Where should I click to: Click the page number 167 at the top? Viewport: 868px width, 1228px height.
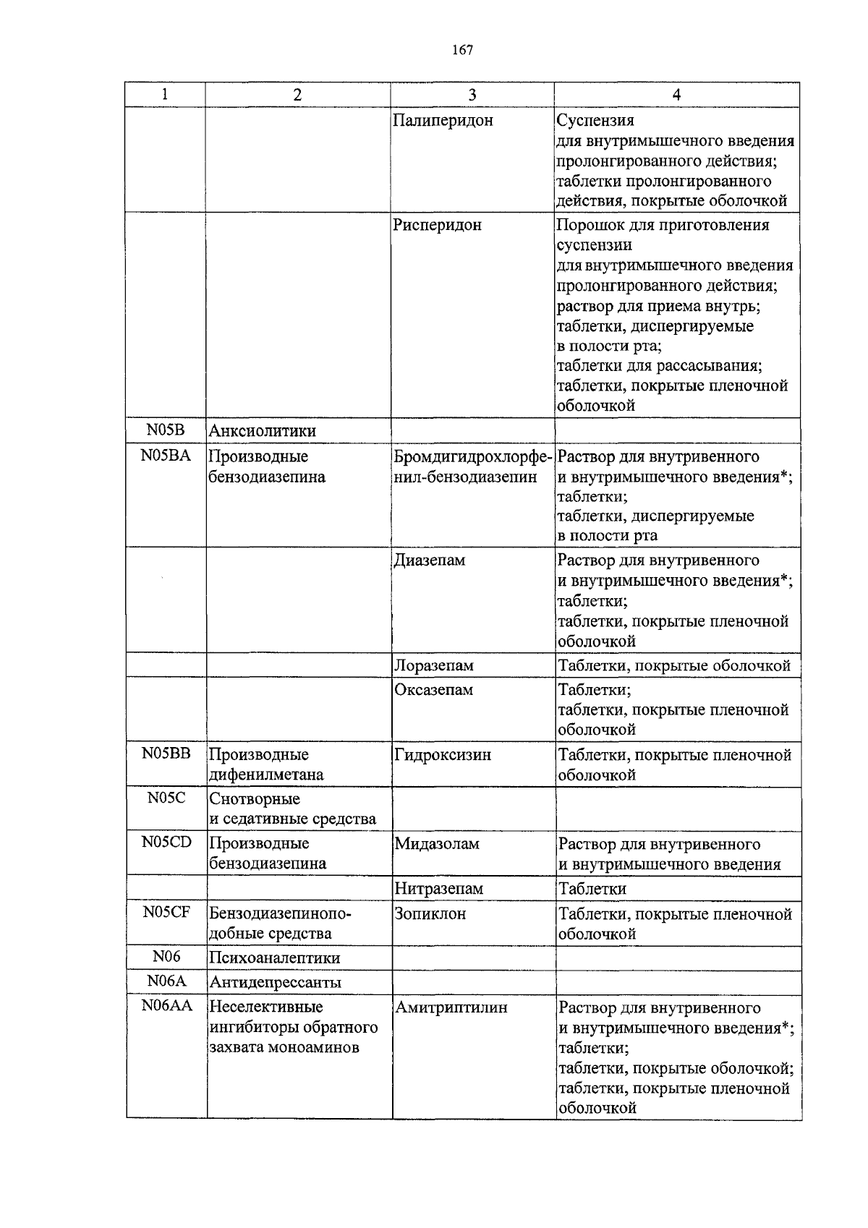(462, 50)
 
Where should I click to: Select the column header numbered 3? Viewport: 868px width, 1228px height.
(472, 95)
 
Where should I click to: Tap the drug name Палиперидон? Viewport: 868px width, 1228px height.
(443, 121)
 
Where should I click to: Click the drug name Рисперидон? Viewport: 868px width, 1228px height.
(437, 225)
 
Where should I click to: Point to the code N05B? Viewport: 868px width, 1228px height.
(166, 430)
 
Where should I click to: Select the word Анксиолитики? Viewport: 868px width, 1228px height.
(263, 431)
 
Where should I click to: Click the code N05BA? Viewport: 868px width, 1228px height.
(166, 456)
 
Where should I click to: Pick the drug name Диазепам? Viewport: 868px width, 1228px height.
(430, 560)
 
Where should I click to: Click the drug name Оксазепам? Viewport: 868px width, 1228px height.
(433, 690)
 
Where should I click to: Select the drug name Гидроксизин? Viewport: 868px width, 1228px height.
(443, 755)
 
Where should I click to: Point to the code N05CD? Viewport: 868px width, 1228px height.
(166, 843)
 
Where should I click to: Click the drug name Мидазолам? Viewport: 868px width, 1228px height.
(437, 844)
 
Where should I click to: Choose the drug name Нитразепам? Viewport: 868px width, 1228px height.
(438, 889)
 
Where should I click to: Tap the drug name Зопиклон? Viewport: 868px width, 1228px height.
(430, 913)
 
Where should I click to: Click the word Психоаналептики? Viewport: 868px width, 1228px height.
(274, 958)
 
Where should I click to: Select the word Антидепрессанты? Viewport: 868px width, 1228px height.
(275, 983)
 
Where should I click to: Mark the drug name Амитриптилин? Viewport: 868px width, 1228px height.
(451, 1007)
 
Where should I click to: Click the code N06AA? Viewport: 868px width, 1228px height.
(166, 1006)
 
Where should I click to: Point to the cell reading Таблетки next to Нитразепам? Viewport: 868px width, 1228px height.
(592, 889)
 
